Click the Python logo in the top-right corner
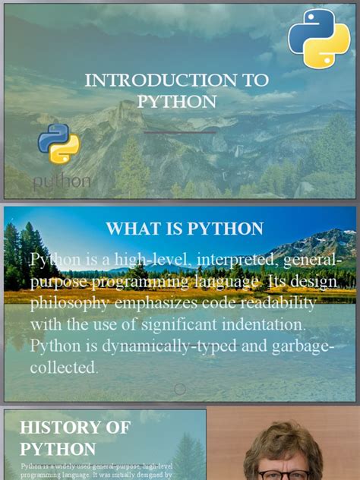(318, 39)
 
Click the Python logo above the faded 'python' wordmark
(58, 144)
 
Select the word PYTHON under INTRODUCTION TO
(176, 101)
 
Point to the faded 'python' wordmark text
(62, 181)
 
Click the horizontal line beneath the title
(179, 132)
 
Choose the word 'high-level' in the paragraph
(151, 261)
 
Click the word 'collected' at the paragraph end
(64, 368)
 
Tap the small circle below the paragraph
(180, 389)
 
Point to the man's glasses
(282, 475)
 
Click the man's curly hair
(282, 441)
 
